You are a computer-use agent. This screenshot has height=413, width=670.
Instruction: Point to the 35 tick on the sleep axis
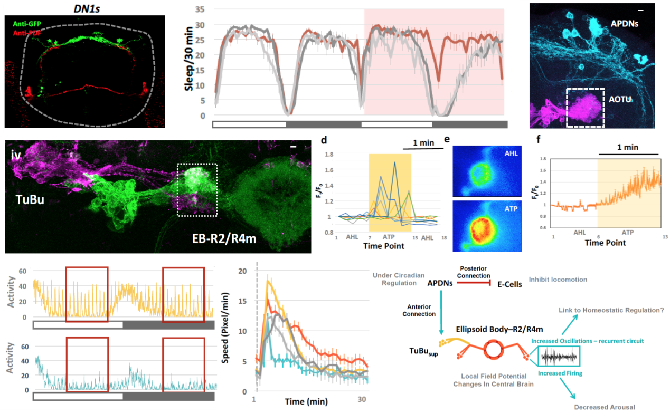coord(199,9)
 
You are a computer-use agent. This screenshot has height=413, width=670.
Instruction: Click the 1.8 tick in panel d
coord(331,155)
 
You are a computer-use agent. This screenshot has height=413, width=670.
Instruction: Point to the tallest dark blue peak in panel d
coord(394,162)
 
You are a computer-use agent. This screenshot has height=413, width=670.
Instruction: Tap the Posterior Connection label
coord(475,272)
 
